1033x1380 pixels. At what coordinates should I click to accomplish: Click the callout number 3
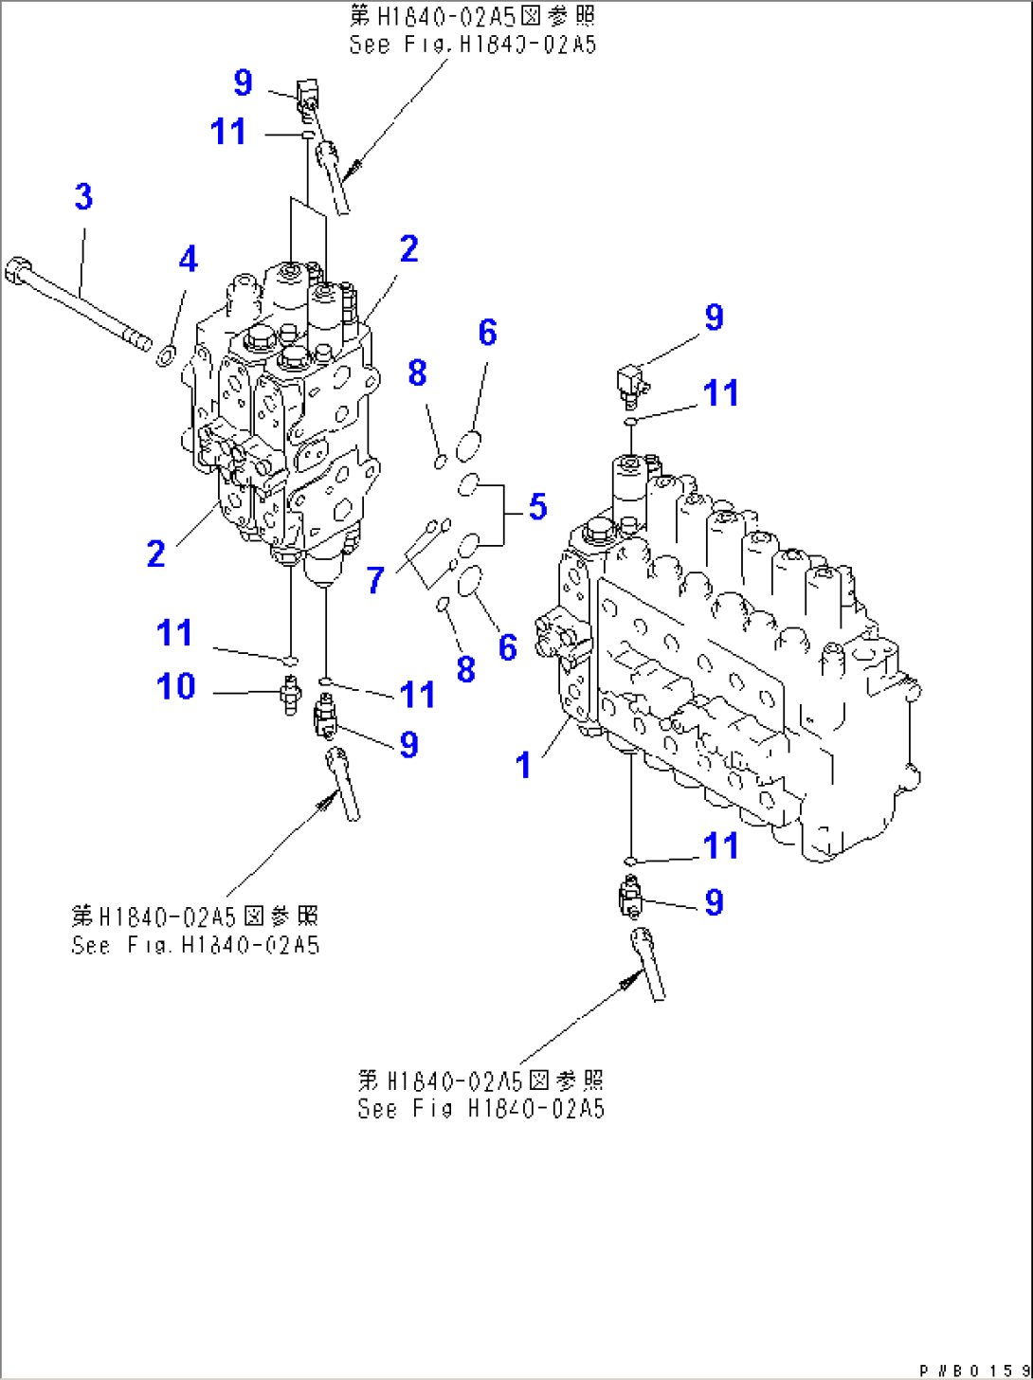[83, 196]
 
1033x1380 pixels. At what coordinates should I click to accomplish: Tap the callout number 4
[188, 259]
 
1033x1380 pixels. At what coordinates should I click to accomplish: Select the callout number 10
[176, 686]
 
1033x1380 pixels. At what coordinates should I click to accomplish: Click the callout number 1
[523, 765]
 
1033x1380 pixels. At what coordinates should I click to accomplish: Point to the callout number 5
[538, 506]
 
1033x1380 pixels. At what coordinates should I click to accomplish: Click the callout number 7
[375, 580]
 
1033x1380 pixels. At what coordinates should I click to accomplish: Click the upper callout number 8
[417, 372]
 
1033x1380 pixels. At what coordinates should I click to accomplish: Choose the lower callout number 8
[465, 668]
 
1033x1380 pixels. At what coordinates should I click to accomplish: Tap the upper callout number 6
[487, 332]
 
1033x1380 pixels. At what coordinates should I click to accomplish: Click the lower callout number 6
[508, 647]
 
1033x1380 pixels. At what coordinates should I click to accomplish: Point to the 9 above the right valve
[714, 317]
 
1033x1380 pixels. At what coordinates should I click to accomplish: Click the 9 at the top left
[244, 82]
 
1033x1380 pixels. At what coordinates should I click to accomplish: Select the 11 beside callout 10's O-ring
[174, 632]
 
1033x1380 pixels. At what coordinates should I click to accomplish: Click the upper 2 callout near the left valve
[408, 248]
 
